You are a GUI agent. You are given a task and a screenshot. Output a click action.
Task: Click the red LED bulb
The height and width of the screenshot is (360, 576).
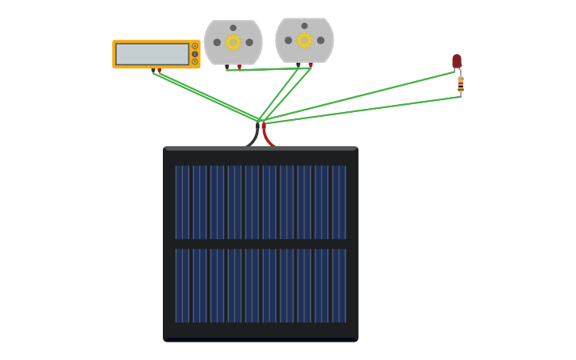click(457, 60)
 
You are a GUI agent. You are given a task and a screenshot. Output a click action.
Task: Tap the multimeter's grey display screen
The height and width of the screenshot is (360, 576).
click(152, 54)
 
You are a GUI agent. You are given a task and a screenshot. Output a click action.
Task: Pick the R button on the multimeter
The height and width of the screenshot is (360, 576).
click(195, 61)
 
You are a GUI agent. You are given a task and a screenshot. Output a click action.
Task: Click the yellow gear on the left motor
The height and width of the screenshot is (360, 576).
click(233, 42)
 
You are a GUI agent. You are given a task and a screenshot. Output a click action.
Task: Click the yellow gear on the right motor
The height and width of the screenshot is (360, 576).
click(304, 40)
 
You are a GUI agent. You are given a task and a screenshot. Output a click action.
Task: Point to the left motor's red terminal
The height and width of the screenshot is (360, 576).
click(239, 67)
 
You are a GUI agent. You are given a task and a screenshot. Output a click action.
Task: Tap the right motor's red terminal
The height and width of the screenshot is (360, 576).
click(311, 65)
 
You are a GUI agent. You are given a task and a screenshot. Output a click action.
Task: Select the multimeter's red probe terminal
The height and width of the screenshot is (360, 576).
click(160, 71)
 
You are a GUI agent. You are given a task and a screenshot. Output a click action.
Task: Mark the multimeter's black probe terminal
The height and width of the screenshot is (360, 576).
click(153, 71)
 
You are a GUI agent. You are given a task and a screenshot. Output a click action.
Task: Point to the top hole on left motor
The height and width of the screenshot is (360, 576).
click(233, 28)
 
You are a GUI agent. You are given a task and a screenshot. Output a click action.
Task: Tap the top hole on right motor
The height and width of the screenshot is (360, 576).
click(304, 25)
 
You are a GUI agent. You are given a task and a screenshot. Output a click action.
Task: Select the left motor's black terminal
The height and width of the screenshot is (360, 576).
click(226, 67)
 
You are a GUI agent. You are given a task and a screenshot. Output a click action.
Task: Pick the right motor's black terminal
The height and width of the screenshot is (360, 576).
click(298, 65)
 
